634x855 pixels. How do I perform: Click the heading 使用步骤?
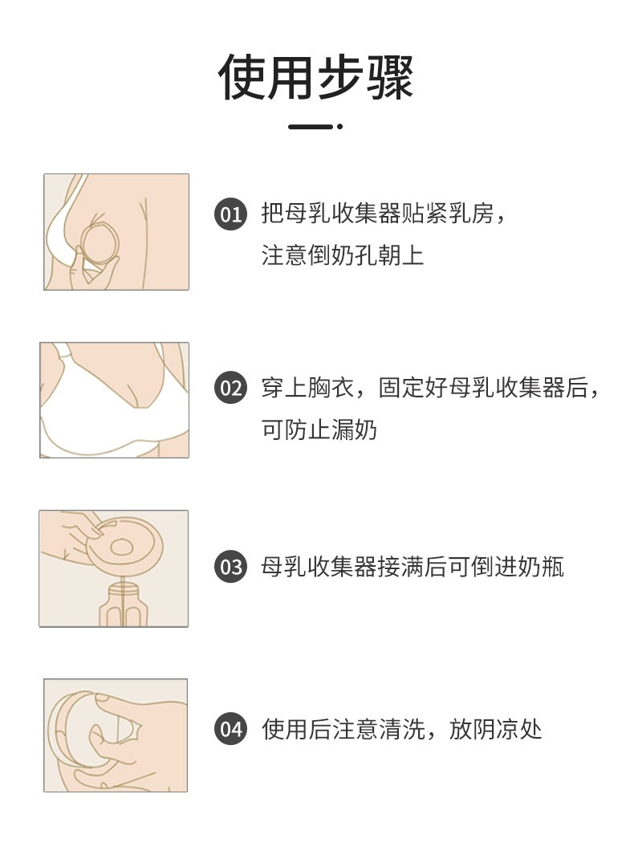coord(315,77)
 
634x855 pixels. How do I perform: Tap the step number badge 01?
coord(230,214)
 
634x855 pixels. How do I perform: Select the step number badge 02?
coord(230,388)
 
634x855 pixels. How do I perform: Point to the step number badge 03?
coord(230,567)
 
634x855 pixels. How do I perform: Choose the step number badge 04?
coord(230,729)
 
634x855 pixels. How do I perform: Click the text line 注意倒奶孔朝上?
coord(343,255)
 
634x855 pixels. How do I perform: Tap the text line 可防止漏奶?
coord(319,430)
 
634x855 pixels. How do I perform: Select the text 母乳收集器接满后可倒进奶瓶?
coord(413,567)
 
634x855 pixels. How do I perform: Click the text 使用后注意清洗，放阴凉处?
coord(402,729)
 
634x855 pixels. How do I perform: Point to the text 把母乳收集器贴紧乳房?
coord(377,214)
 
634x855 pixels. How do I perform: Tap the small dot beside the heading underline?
coord(339,127)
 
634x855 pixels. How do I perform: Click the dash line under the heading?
coord(311,127)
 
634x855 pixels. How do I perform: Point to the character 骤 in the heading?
coord(390,77)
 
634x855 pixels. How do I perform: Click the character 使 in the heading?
coord(242,77)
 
